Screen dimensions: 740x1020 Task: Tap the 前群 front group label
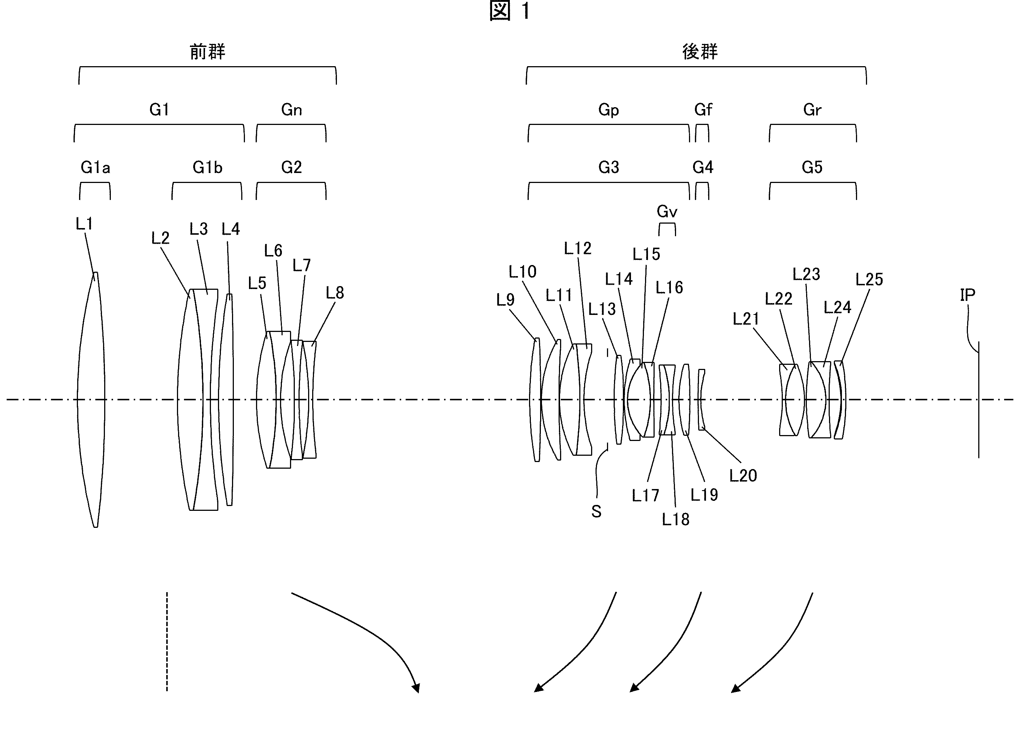(x=207, y=52)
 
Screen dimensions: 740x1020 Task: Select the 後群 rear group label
(x=700, y=52)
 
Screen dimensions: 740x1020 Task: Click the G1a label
(x=95, y=168)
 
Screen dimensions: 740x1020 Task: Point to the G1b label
(x=207, y=168)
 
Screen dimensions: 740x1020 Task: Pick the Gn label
(x=291, y=110)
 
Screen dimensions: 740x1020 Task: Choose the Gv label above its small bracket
(x=667, y=211)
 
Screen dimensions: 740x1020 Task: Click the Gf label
(x=703, y=110)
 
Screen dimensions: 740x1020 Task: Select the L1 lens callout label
(x=84, y=224)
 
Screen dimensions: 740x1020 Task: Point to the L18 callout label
(x=675, y=520)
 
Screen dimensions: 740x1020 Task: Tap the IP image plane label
(x=968, y=295)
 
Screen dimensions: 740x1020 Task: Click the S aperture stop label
(x=596, y=512)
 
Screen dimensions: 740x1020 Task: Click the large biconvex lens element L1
(x=91, y=400)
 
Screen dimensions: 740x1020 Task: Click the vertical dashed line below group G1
(x=167, y=641)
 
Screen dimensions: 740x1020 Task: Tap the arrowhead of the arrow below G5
(x=735, y=688)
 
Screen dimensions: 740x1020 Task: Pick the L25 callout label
(x=869, y=280)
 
